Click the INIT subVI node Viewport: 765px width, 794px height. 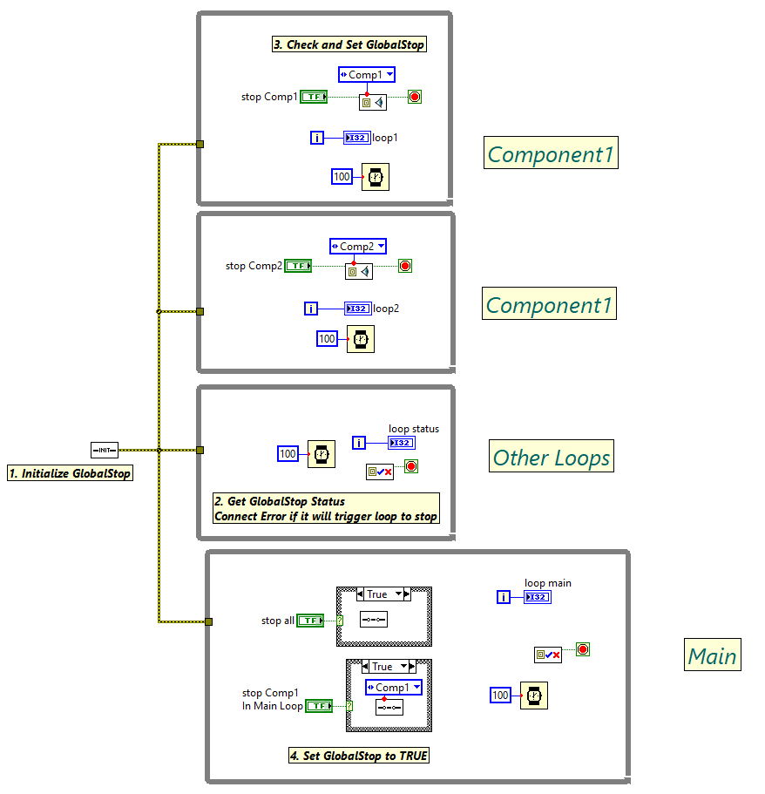[105, 450]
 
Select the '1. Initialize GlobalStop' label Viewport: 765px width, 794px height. [70, 473]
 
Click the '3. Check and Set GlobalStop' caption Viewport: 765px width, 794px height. [349, 44]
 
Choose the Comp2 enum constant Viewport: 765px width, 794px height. [357, 247]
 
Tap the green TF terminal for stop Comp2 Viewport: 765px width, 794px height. [298, 266]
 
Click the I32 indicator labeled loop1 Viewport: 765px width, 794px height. [356, 138]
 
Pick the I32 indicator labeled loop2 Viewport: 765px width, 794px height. [357, 309]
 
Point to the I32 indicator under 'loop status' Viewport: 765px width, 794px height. [401, 443]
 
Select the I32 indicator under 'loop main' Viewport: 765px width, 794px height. [538, 597]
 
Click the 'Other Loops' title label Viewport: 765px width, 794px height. [552, 457]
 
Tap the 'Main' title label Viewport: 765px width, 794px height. [712, 655]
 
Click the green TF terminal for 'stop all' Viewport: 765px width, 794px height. [310, 621]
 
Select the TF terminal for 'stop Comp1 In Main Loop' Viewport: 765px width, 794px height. [320, 706]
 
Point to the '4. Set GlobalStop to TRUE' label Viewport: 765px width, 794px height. [359, 756]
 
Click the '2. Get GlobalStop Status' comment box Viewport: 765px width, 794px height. [326, 508]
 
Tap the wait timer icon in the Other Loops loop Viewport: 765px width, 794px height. [321, 453]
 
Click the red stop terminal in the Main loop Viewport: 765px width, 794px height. [583, 649]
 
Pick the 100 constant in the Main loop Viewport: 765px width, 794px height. [500, 695]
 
